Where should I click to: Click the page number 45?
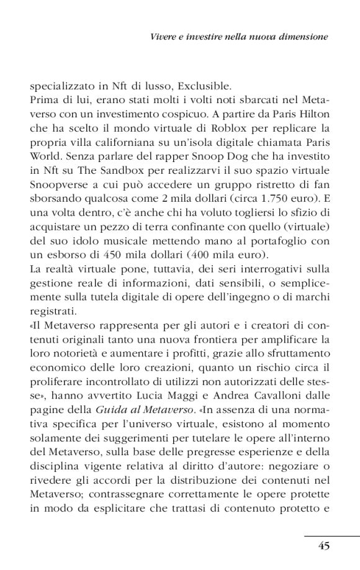point(323,546)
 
